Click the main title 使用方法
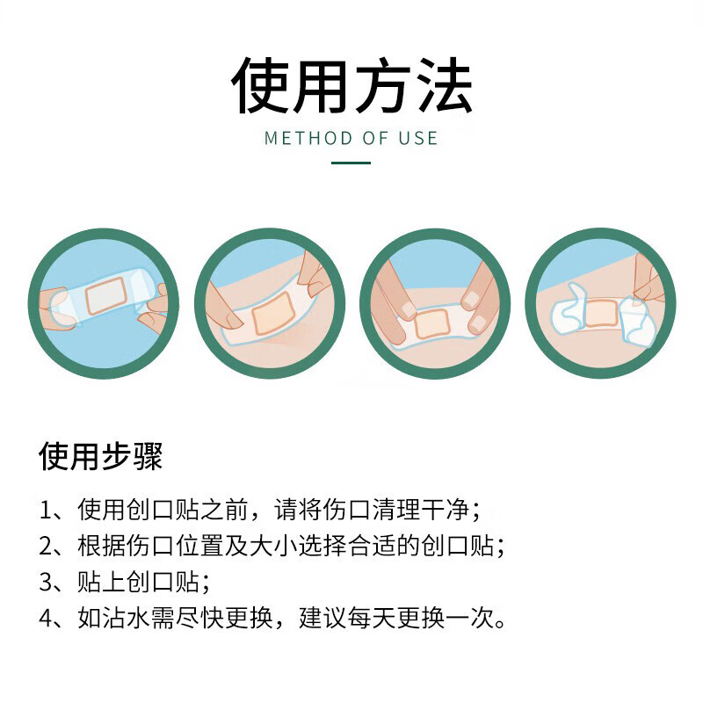click(351, 85)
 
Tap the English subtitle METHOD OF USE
click(351, 138)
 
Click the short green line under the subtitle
click(351, 163)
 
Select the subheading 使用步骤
click(101, 457)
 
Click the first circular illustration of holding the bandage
click(104, 303)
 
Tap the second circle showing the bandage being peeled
click(270, 303)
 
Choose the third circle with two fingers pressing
click(435, 303)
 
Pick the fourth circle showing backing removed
click(600, 303)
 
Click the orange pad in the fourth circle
click(600, 312)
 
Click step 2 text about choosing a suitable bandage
click(272, 546)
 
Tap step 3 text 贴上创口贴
click(127, 582)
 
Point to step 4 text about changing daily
click(272, 618)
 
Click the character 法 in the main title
click(445, 85)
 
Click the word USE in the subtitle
click(417, 138)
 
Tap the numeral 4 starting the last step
click(47, 618)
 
